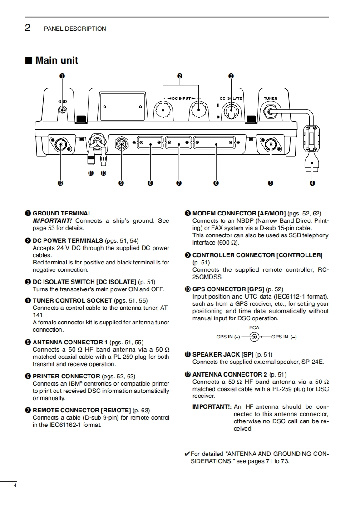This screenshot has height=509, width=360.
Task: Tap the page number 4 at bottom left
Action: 15,486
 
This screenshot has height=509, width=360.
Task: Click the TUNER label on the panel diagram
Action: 270,98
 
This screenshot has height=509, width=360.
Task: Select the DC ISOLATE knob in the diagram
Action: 232,111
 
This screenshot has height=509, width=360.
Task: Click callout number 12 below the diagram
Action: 60,183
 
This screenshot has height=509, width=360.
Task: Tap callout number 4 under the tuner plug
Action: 312,183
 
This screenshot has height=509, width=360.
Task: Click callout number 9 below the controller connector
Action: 121,183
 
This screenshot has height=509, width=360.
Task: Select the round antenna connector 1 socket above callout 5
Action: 271,145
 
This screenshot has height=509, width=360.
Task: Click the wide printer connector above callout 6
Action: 215,145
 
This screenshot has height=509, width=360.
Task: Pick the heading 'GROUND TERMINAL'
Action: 62,213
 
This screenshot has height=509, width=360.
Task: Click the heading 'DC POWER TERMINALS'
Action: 68,240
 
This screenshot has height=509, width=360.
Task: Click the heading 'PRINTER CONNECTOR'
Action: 66,376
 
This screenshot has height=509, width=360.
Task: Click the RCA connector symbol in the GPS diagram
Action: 254,337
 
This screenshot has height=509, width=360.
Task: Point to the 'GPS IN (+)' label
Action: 228,337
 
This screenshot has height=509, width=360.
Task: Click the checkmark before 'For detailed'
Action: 187,454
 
